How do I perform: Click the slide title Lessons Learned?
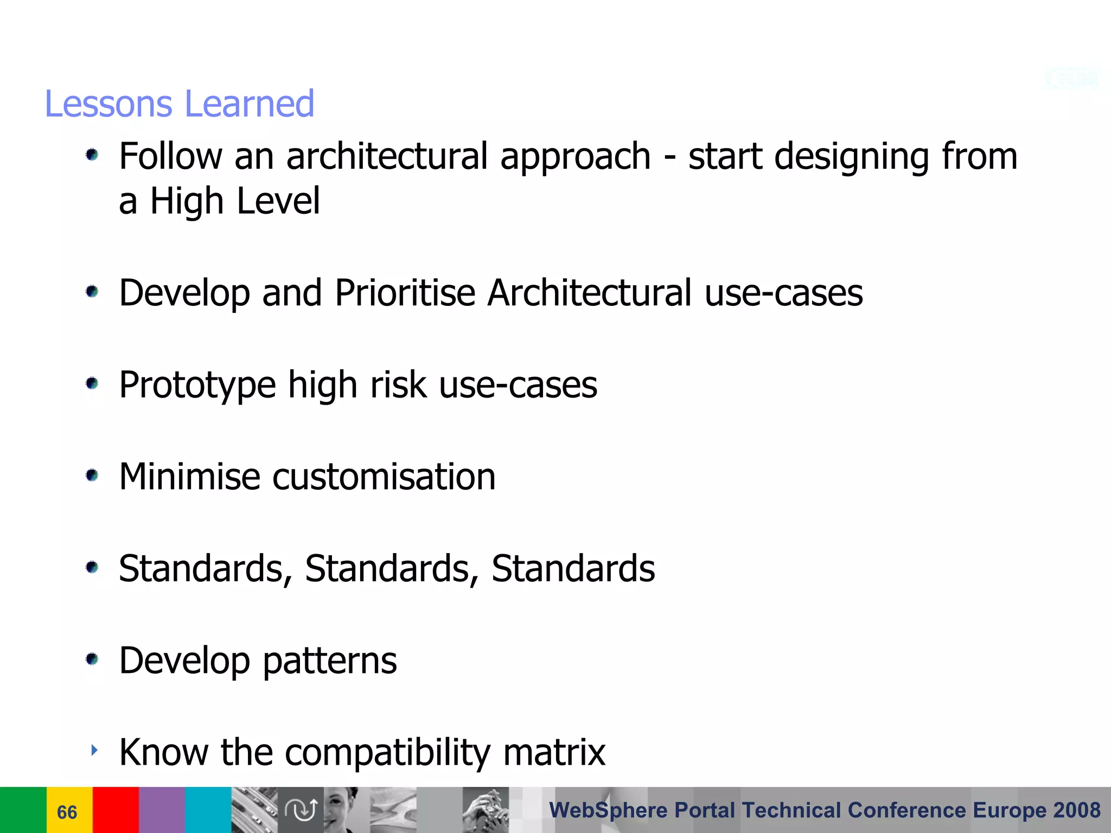click(179, 104)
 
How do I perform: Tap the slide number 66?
click(67, 812)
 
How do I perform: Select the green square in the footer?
click(23, 810)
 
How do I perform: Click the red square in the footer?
click(116, 810)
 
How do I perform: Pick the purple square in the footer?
click(162, 810)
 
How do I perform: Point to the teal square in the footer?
click(208, 810)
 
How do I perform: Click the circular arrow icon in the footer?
click(301, 810)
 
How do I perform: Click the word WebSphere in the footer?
click(608, 810)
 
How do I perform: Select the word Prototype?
click(197, 385)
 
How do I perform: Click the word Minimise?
click(189, 477)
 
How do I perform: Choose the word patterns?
click(330, 661)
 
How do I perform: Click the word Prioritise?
click(405, 293)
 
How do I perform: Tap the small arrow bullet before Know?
click(94, 751)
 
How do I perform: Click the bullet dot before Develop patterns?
click(92, 659)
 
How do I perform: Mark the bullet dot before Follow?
click(92, 156)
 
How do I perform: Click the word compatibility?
click(387, 752)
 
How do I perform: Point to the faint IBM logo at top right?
click(1072, 79)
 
